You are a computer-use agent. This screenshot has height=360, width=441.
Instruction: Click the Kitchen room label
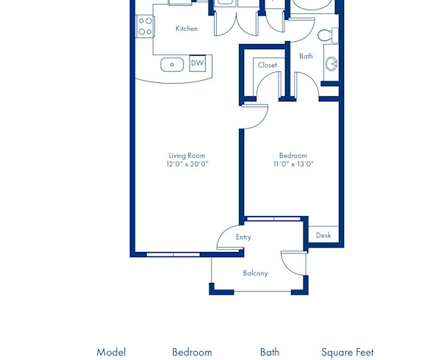[187, 29]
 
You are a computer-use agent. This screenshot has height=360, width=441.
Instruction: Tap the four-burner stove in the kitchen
[145, 26]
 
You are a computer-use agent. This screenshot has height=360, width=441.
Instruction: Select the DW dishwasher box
[197, 64]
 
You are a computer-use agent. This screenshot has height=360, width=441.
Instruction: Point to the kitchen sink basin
[172, 65]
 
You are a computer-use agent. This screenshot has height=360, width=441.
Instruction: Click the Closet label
[268, 65]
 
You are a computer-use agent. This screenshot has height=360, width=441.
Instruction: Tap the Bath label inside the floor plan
[306, 56]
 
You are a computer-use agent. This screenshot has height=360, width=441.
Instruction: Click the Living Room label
[187, 155]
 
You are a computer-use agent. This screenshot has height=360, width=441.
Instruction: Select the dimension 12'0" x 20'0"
[187, 165]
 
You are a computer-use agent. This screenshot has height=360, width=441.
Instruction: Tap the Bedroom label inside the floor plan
[293, 155]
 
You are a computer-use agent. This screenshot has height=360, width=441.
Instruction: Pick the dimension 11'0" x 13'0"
[293, 165]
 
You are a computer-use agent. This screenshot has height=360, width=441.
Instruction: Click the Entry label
[243, 237]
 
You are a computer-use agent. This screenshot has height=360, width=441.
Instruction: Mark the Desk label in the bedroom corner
[323, 236]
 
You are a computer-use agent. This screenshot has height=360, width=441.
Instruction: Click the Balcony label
[255, 273]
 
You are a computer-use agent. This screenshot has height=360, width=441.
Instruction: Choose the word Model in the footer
[111, 352]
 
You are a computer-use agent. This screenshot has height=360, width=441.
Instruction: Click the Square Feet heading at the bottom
[347, 352]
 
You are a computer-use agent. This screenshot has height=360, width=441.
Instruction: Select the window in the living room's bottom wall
[173, 254]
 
